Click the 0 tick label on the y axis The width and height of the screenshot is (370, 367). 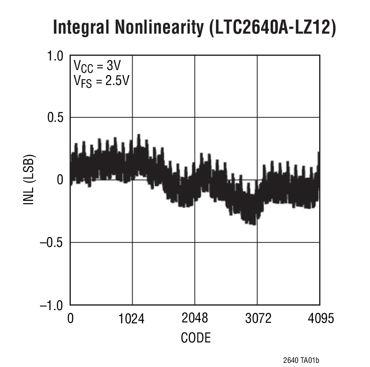[x=60, y=180]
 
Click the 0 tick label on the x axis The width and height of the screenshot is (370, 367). [x=70, y=318]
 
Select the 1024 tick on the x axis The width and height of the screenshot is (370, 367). [x=132, y=318]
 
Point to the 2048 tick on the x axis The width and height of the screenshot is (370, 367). [x=194, y=318]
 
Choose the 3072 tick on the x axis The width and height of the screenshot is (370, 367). [x=257, y=318]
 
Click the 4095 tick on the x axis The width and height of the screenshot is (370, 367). [x=320, y=318]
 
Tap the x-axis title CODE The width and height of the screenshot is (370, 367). [x=196, y=338]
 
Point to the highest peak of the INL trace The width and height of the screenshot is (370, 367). [x=138, y=135]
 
